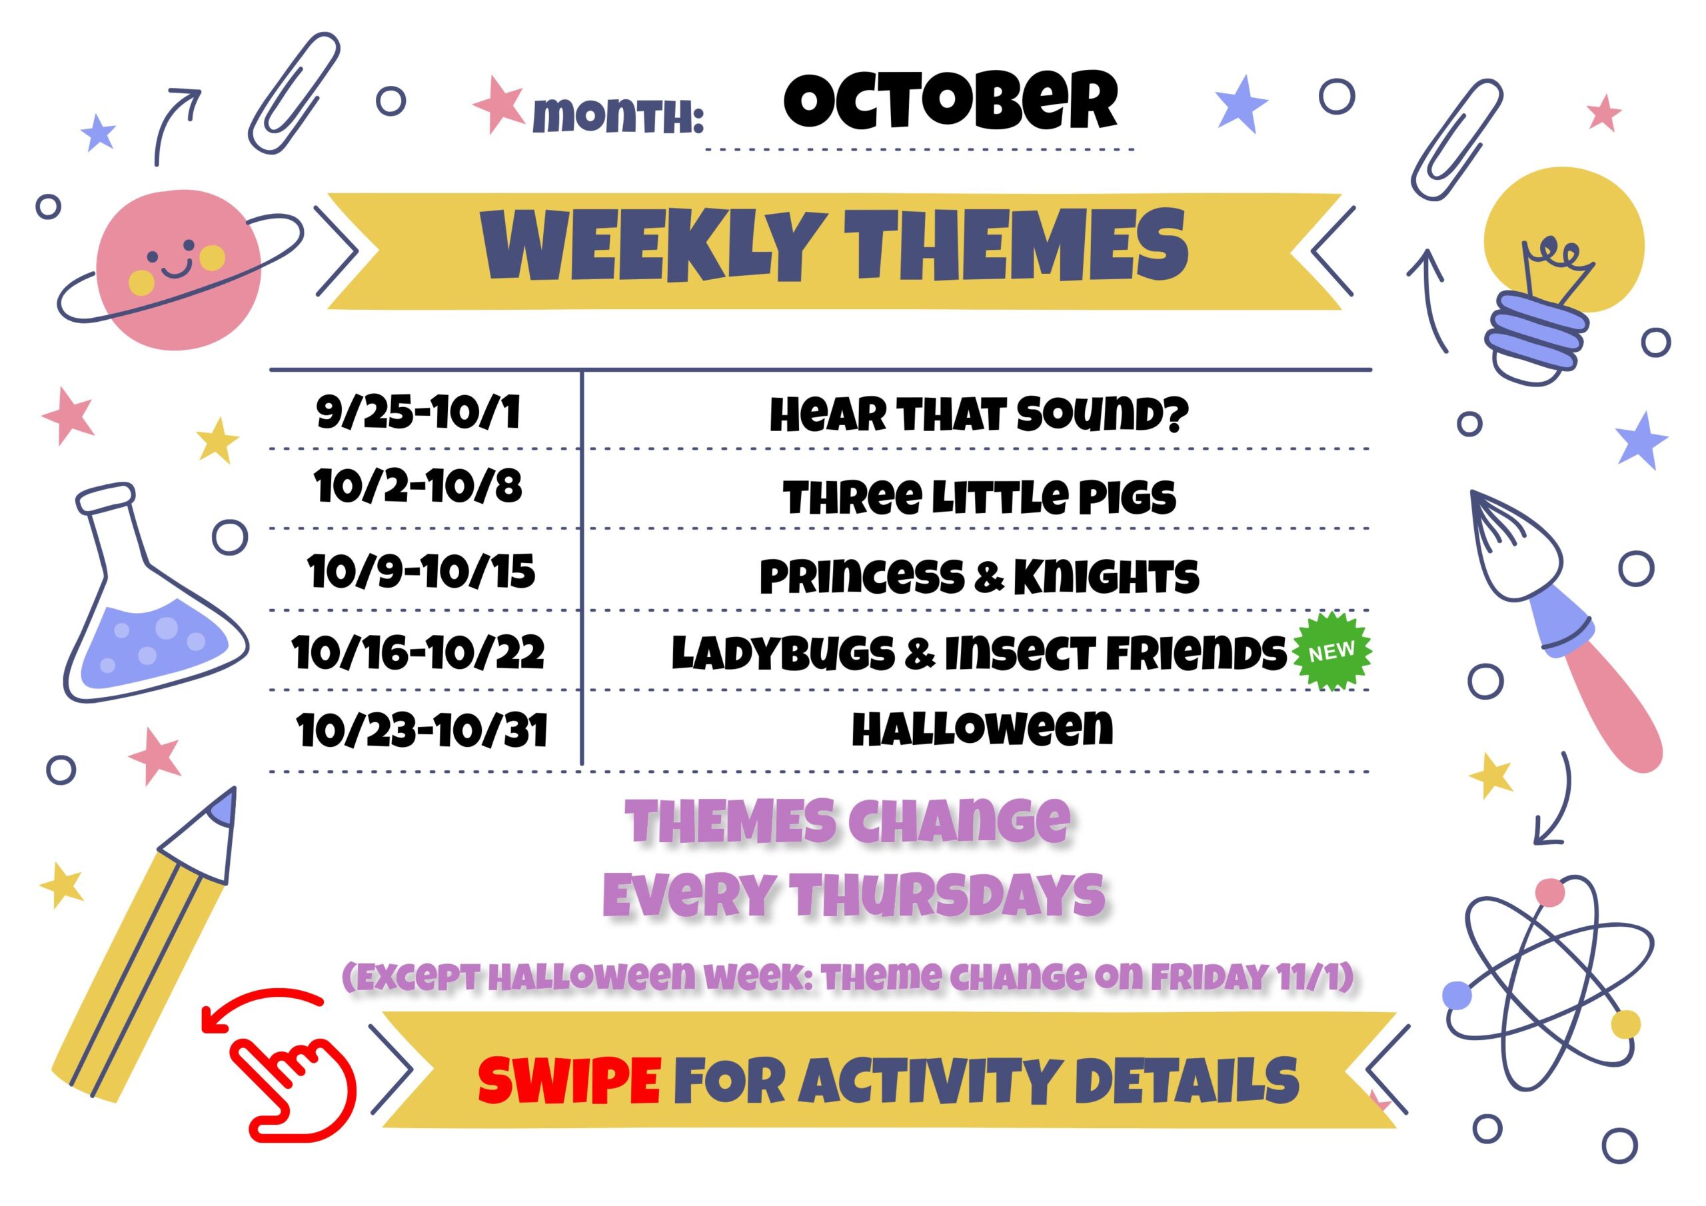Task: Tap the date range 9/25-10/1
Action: coord(419,413)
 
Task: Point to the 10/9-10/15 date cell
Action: coord(421,572)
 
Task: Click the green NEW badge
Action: coord(1331,652)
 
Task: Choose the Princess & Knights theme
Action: coord(980,576)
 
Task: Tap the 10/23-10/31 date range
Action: coord(422,730)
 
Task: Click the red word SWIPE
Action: coord(569,1079)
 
